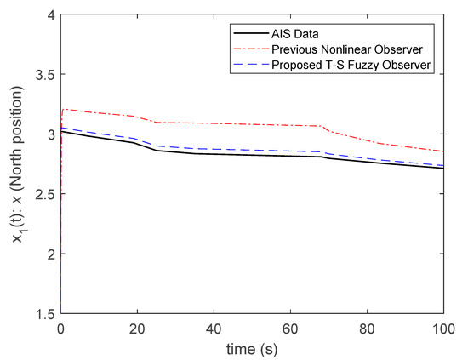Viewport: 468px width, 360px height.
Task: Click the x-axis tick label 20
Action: point(137,328)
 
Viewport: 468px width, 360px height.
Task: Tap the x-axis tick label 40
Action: point(214,328)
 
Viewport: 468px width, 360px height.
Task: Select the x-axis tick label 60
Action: point(290,328)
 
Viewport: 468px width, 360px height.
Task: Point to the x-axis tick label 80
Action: point(367,328)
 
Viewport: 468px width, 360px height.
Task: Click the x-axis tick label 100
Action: point(442,328)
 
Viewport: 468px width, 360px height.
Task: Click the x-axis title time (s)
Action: point(252,348)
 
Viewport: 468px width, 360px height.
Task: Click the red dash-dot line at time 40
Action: point(214,123)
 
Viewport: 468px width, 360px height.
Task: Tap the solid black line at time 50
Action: point(252,155)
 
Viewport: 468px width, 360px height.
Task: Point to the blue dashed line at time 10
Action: point(99,133)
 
